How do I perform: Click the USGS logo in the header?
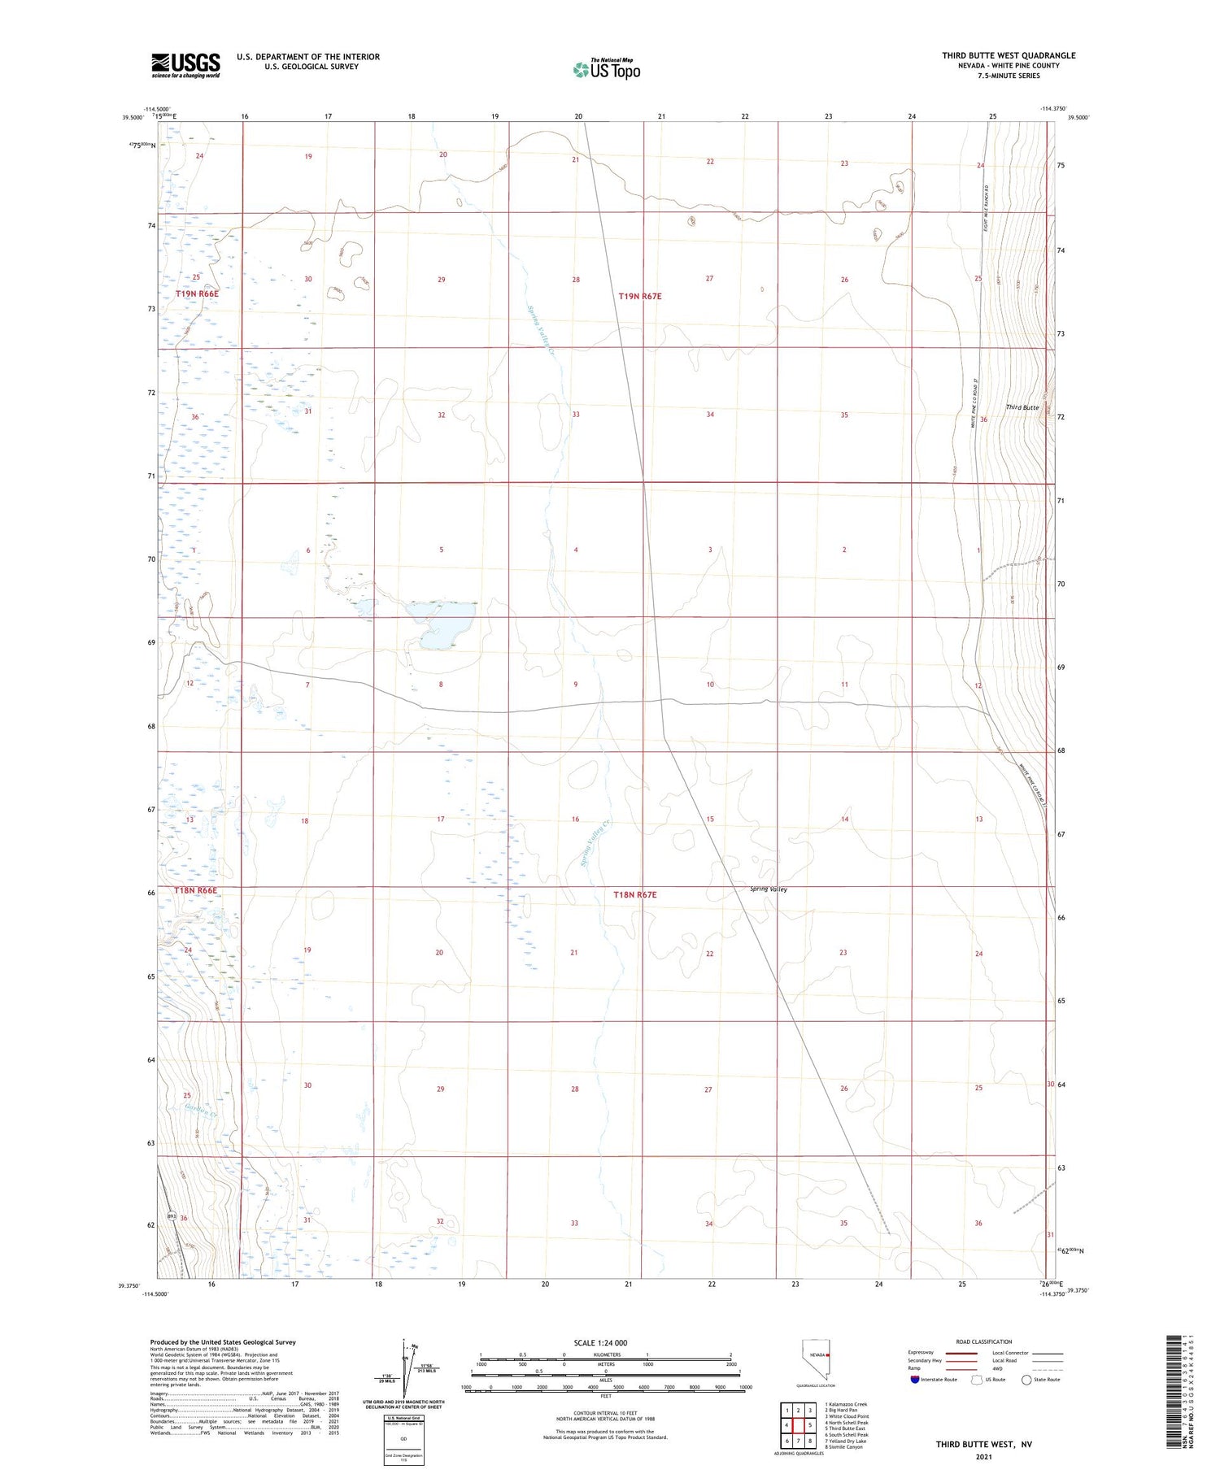click(185, 65)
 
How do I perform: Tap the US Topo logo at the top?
click(607, 70)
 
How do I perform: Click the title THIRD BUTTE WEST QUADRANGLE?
click(1009, 55)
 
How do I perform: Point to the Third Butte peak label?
click(1022, 407)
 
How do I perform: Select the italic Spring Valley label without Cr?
click(769, 889)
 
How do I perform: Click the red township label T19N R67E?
click(640, 297)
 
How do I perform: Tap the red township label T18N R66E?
click(196, 890)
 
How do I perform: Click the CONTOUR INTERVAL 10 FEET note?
click(605, 1414)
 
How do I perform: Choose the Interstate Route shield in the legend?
click(916, 1380)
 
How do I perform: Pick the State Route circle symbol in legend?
click(1026, 1380)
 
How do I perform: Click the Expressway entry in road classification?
click(921, 1353)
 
